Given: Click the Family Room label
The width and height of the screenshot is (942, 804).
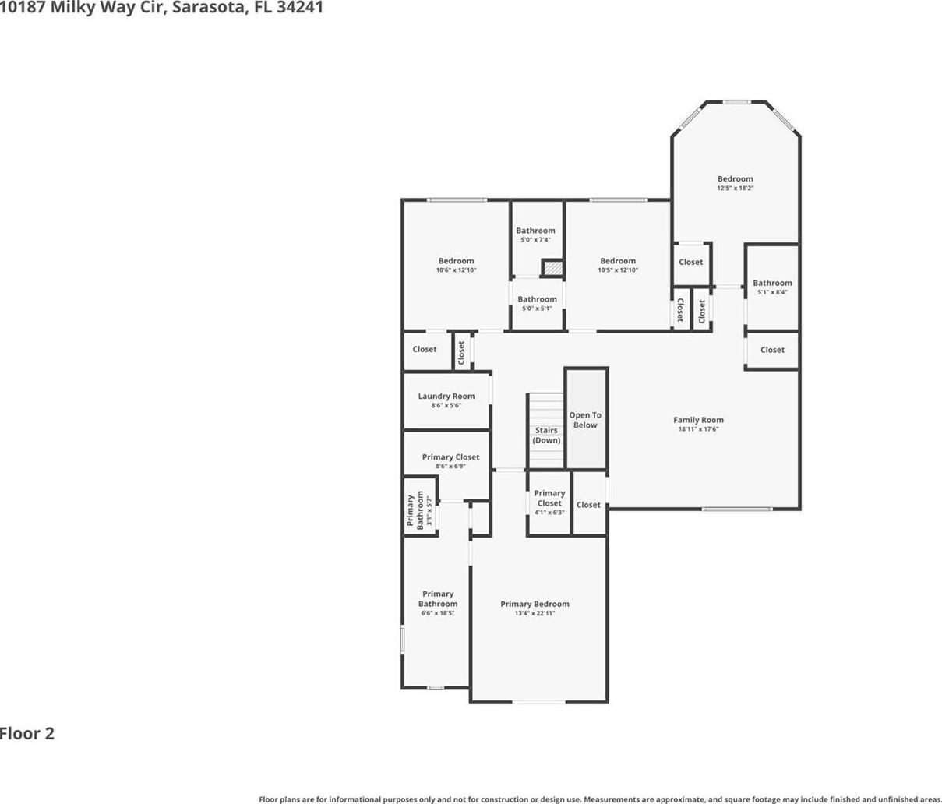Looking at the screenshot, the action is [698, 420].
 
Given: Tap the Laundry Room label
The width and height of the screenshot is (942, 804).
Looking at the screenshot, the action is [446, 396].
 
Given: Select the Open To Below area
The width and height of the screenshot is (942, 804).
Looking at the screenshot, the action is [586, 418].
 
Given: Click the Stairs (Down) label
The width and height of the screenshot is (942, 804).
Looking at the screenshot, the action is [546, 435].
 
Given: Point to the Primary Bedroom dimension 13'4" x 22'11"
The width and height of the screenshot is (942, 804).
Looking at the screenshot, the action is [535, 613].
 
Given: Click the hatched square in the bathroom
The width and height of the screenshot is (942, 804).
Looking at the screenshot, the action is [552, 267].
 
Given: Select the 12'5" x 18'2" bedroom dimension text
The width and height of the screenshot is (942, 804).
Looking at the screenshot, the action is [735, 188].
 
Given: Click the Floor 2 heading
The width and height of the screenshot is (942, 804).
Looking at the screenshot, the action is [27, 733].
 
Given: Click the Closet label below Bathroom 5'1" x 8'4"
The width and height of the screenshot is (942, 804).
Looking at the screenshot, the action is [772, 350].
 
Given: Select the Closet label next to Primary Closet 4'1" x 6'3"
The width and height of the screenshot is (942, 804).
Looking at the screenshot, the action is [588, 505].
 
